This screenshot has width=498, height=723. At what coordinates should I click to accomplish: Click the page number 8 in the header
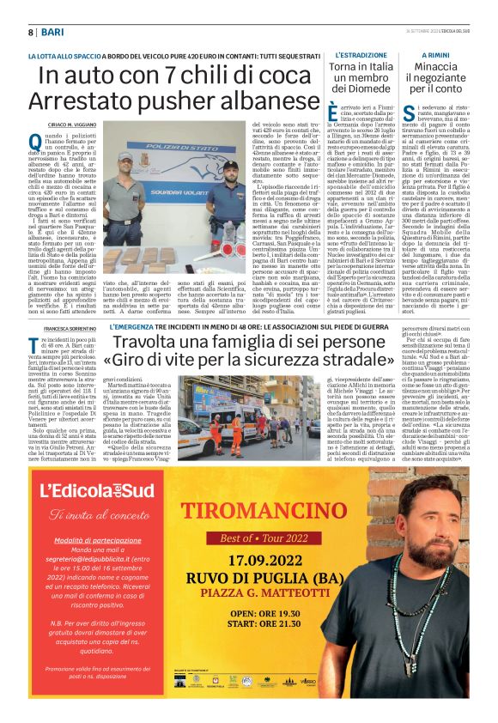[31, 32]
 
